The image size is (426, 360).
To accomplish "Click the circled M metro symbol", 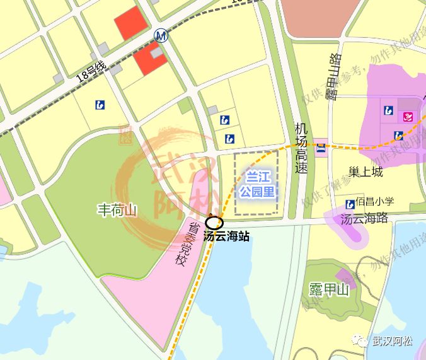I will pyautogui.click(x=161, y=35).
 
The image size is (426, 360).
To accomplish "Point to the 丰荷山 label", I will pyautogui.click(x=117, y=209).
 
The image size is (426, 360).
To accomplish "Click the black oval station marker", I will pyautogui.click(x=214, y=223).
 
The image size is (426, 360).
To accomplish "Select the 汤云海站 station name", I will pyautogui.click(x=226, y=237).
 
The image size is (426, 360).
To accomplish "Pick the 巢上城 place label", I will pyautogui.click(x=366, y=171).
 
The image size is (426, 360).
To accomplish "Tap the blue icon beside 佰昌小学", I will pyautogui.click(x=350, y=204).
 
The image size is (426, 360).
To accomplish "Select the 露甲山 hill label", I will pyautogui.click(x=328, y=289).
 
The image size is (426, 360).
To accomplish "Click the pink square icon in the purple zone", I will pyautogui.click(x=408, y=117).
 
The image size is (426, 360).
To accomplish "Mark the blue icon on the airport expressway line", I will pyautogui.click(x=321, y=148).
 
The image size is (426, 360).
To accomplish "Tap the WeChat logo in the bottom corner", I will pyautogui.click(x=361, y=341).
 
